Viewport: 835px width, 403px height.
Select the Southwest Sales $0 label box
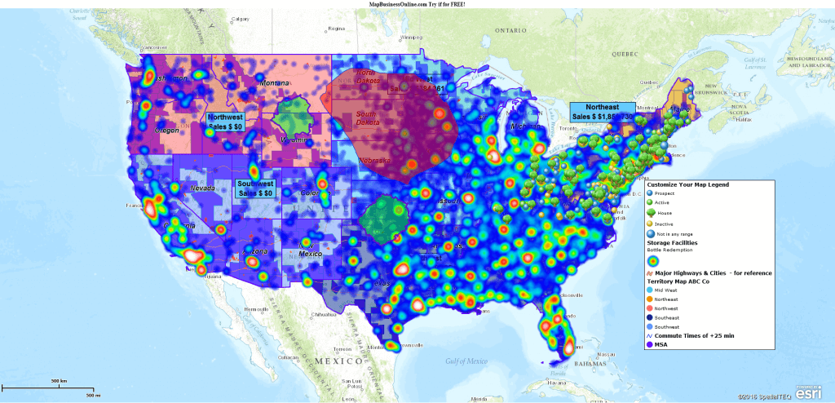pos(255,188)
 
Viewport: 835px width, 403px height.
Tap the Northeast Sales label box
pos(603,112)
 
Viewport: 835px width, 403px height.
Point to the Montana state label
pos(274,83)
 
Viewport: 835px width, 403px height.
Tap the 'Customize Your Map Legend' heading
pos(687,185)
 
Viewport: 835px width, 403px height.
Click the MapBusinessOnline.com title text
pos(417,4)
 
